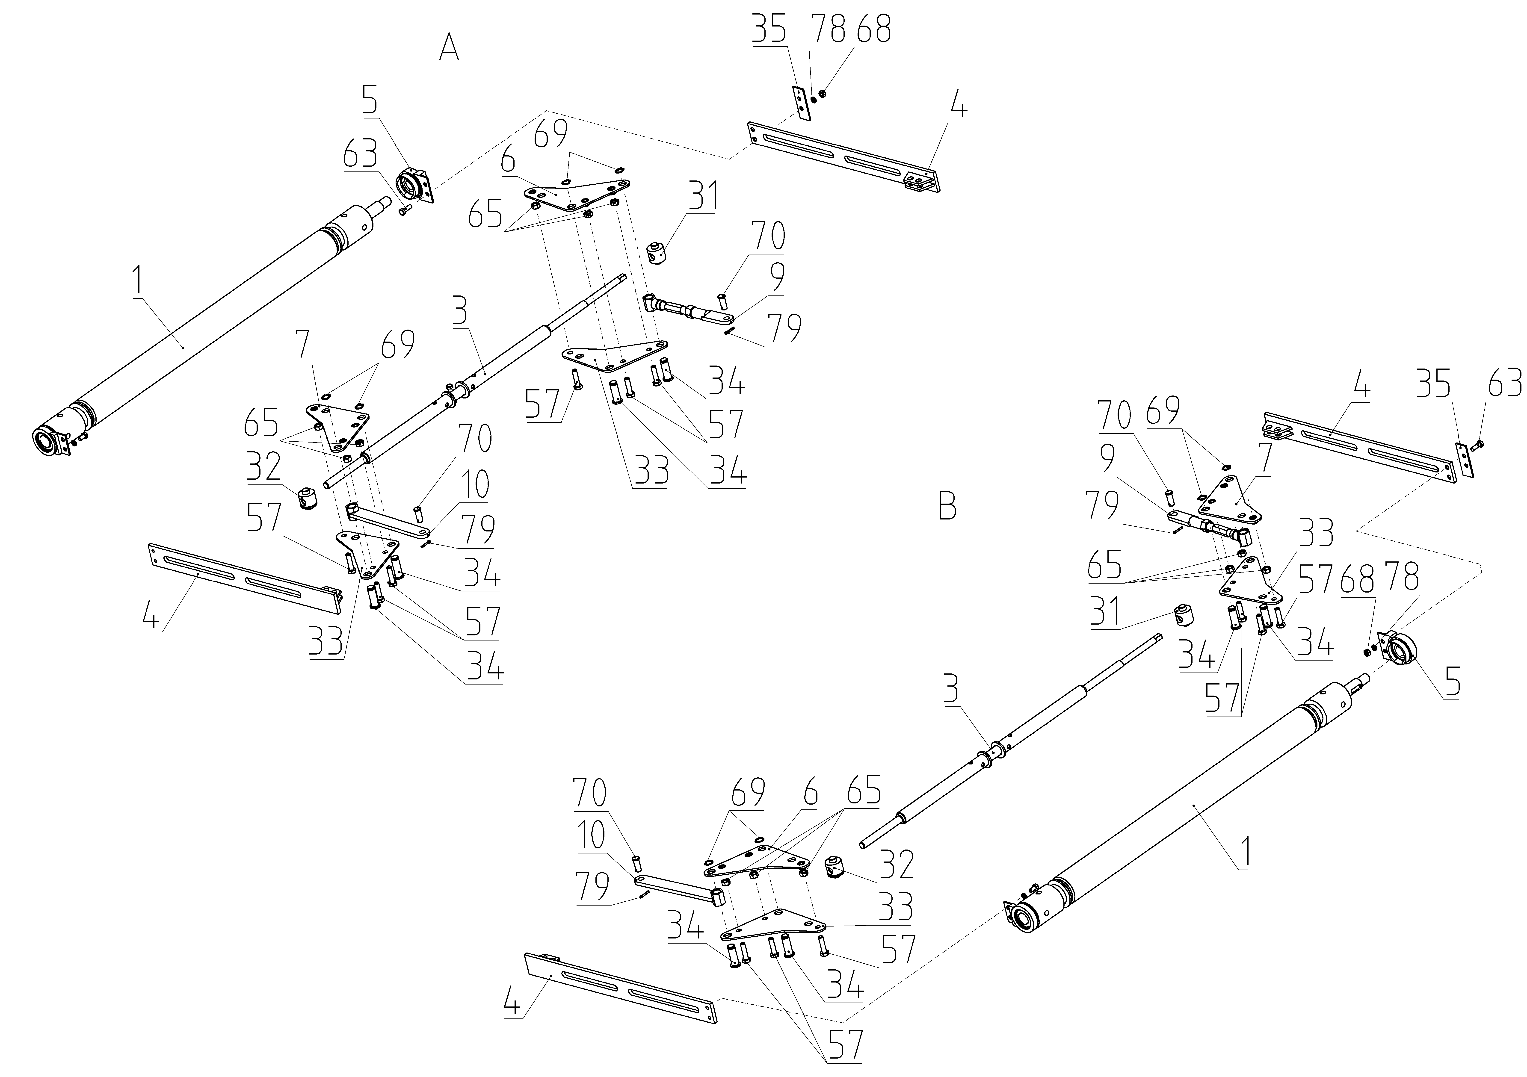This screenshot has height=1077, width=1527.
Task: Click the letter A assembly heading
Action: point(450,48)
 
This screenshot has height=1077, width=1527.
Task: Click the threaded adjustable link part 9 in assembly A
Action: point(689,310)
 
